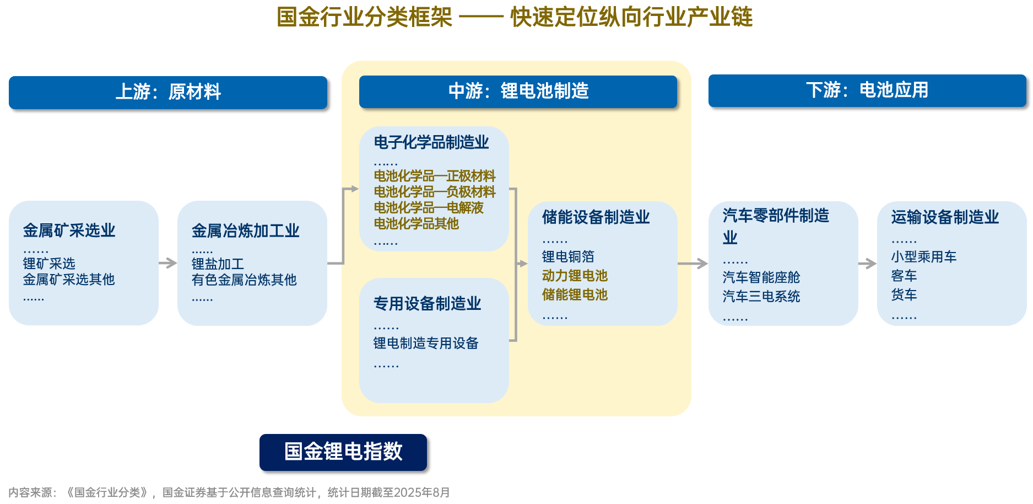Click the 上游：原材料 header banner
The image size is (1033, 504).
(x=168, y=92)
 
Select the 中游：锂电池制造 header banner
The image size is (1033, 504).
(x=518, y=92)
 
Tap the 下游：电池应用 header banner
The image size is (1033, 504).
(x=867, y=90)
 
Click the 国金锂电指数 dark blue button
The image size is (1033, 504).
(x=343, y=452)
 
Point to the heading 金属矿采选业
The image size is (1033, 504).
(x=69, y=230)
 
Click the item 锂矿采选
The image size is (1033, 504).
(x=49, y=264)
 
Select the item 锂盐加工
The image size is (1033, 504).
(x=218, y=264)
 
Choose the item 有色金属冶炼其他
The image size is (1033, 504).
(x=244, y=280)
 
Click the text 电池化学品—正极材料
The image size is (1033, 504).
(x=435, y=176)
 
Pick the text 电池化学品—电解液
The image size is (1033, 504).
(x=429, y=208)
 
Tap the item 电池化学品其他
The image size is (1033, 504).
(x=417, y=224)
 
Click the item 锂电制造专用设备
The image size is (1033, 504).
(x=426, y=344)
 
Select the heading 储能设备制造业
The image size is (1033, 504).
(x=596, y=217)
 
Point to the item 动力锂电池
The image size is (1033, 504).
(x=575, y=276)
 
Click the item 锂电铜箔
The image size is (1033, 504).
(x=568, y=257)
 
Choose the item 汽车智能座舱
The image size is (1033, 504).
(x=761, y=277)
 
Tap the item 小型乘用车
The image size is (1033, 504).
(x=924, y=257)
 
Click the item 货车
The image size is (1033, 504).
(x=904, y=295)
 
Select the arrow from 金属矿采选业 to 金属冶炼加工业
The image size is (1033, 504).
(x=168, y=263)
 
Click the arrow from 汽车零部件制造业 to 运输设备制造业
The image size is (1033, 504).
(x=867, y=264)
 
